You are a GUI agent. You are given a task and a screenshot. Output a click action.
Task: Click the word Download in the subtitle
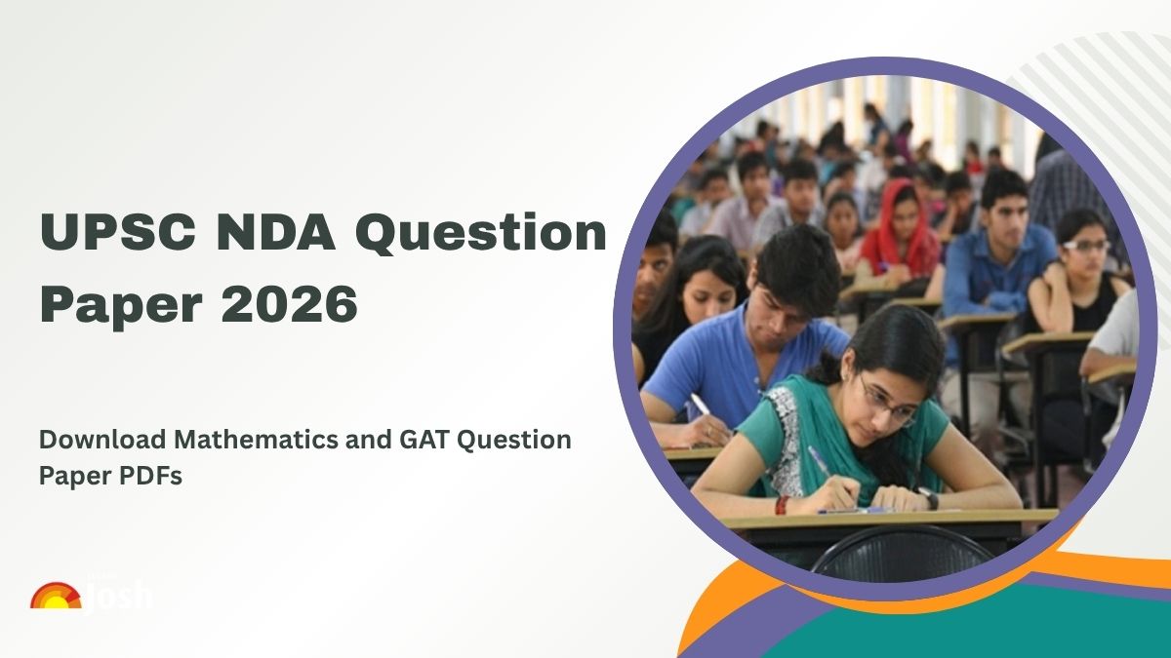pyautogui.click(x=86, y=440)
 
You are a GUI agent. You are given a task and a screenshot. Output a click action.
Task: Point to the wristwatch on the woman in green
pyautogui.click(x=928, y=498)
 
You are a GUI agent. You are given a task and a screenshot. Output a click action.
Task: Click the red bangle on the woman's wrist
pyautogui.click(x=782, y=505)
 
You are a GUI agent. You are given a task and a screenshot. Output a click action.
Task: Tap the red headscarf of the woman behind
pyautogui.click(x=890, y=229)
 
